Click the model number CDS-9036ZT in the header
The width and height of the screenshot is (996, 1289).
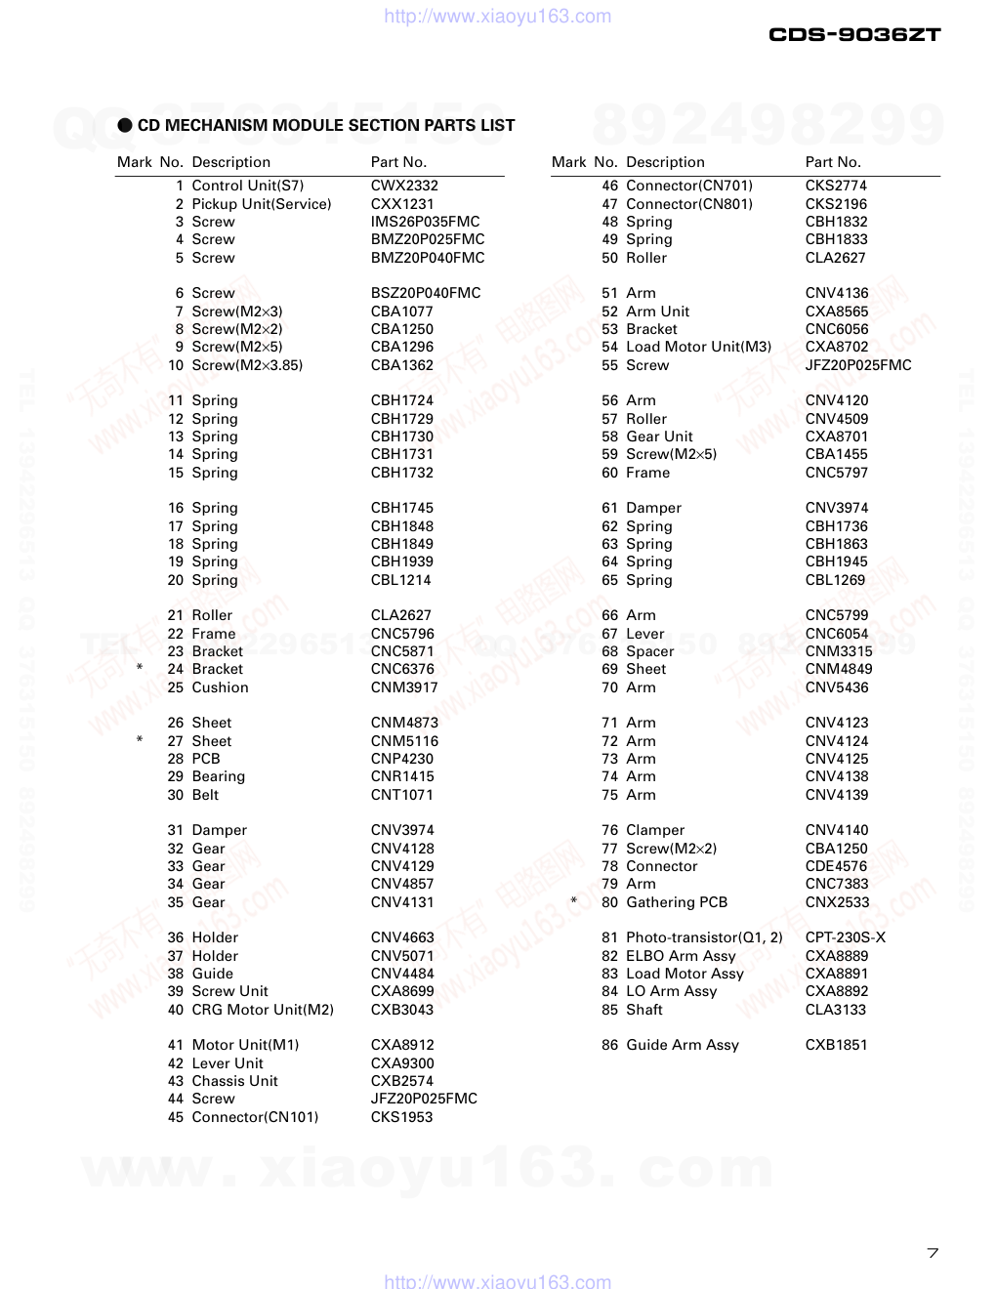pos(854,34)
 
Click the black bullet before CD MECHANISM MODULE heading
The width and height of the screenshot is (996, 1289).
pos(125,125)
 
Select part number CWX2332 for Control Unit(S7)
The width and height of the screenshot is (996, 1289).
pos(404,186)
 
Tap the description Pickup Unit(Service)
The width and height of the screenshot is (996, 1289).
pos(262,204)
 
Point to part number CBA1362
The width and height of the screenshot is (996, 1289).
pos(401,365)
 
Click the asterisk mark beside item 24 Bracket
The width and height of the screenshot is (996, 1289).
pos(140,669)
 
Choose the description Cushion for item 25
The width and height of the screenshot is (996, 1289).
pos(220,687)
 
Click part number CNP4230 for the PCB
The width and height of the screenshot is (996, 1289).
pos(401,759)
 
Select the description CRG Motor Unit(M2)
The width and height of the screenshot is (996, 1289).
pos(263,1010)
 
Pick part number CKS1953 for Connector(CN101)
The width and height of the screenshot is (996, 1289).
pos(401,1117)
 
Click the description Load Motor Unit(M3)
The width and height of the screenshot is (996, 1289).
pos(698,347)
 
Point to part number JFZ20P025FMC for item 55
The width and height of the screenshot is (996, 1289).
pos(857,365)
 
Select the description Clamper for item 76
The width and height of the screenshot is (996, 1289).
pos(655,830)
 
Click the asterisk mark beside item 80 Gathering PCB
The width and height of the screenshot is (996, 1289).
pos(574,901)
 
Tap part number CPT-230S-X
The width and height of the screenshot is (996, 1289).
pos(846,937)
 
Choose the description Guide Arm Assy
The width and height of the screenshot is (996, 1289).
pos(682,1045)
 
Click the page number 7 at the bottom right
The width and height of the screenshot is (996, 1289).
pos(933,1253)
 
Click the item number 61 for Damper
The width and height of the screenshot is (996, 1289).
pos(609,508)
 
